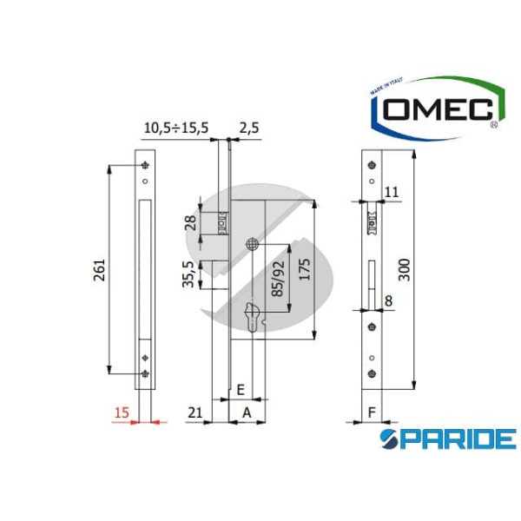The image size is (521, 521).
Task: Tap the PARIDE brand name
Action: [x=449, y=438]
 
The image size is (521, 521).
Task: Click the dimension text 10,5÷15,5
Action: [x=175, y=128]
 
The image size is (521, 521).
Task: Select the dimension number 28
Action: [x=191, y=225]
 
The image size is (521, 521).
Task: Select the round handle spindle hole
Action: [x=253, y=244]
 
